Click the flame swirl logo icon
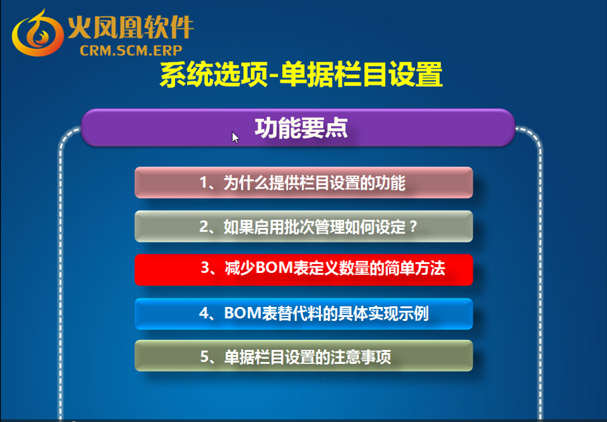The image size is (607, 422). click(x=37, y=34)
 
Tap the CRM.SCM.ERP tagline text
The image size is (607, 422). click(x=131, y=50)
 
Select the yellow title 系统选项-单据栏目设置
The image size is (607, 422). click(x=301, y=74)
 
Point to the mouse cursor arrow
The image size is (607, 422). click(x=235, y=138)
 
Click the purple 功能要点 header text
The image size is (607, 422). click(x=301, y=128)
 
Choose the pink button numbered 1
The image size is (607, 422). click(x=303, y=183)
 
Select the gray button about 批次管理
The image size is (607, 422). click(x=303, y=227)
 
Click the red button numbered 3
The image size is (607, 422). click(x=303, y=270)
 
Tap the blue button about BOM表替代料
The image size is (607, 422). click(x=303, y=314)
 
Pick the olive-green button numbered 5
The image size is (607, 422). click(x=303, y=356)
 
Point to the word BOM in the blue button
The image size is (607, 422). click(x=243, y=313)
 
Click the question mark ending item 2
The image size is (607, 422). click(x=413, y=227)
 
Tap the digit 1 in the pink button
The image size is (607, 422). click(x=204, y=183)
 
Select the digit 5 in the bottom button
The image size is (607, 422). click(x=205, y=356)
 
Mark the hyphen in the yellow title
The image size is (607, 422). click(x=274, y=76)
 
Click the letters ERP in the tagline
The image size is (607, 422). click(x=168, y=50)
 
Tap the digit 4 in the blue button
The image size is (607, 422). click(x=204, y=313)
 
